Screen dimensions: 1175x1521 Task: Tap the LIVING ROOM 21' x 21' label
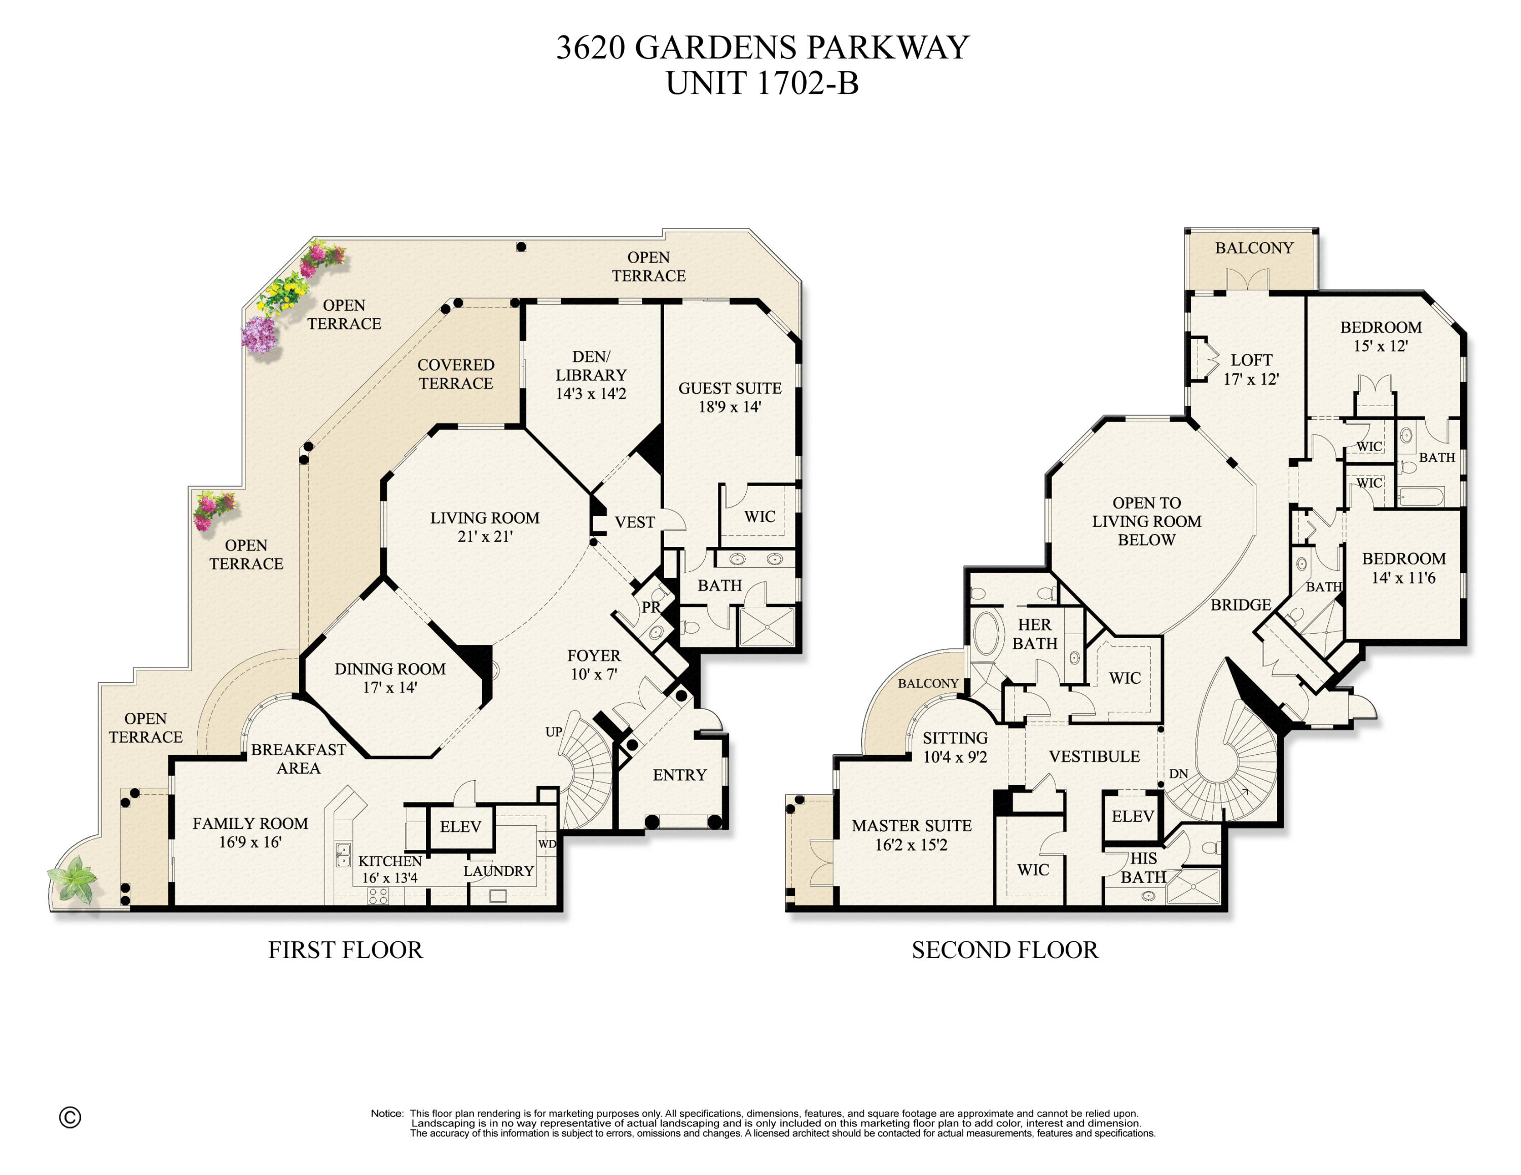click(485, 527)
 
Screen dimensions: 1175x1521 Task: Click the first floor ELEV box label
click(460, 826)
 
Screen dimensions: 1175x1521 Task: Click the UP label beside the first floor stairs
click(554, 731)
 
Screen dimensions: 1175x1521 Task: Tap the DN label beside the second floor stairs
click(1178, 774)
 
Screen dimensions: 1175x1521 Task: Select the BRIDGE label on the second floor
click(1240, 605)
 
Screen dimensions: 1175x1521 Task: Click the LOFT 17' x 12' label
click(1251, 370)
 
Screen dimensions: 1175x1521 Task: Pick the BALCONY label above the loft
click(1254, 248)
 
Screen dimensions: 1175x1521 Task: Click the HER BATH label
click(1034, 634)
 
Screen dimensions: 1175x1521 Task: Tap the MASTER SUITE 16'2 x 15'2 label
click(911, 834)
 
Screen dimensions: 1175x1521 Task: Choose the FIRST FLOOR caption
click(345, 950)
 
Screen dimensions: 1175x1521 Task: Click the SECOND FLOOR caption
click(1004, 950)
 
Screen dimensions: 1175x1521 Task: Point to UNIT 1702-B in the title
click(762, 84)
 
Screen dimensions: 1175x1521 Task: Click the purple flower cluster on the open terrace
click(259, 334)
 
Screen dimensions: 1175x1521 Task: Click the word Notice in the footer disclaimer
click(386, 1114)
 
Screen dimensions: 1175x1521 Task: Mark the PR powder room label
click(650, 607)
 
